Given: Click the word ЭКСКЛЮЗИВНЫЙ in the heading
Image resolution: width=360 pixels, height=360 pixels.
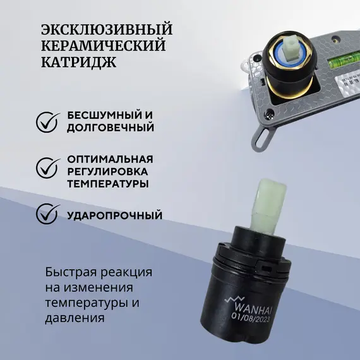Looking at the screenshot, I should click(106, 30).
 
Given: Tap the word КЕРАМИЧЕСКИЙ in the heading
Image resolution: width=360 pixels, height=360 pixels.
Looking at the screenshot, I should click(103, 47).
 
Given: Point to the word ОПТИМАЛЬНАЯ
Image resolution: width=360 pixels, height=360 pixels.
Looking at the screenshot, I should click(110, 159).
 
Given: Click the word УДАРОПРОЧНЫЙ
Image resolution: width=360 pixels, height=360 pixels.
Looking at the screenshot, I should click(114, 215).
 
